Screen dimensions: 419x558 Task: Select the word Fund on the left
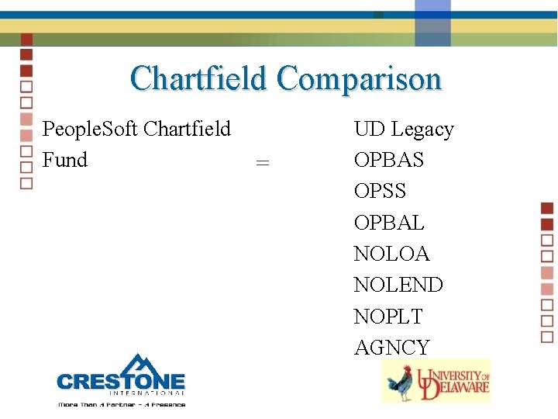point(65,160)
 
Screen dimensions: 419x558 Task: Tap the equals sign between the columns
point(263,162)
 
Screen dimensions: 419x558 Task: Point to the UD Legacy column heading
point(404,129)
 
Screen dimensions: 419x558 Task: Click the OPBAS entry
point(389,160)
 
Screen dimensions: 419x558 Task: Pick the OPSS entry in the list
point(380,191)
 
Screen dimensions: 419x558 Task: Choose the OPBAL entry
point(389,223)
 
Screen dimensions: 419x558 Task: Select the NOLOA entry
point(391,254)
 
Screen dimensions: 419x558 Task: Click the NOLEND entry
point(398,285)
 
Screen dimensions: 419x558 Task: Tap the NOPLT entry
point(388,317)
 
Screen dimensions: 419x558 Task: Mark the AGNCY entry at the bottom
point(391,348)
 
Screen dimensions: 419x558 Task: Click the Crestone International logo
point(121,381)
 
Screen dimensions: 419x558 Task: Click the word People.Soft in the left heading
point(91,129)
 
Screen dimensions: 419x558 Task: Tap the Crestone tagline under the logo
point(121,403)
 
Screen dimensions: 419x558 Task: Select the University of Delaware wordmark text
point(453,380)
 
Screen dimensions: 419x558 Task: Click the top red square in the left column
point(26,39)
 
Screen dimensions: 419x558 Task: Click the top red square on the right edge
point(547,207)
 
